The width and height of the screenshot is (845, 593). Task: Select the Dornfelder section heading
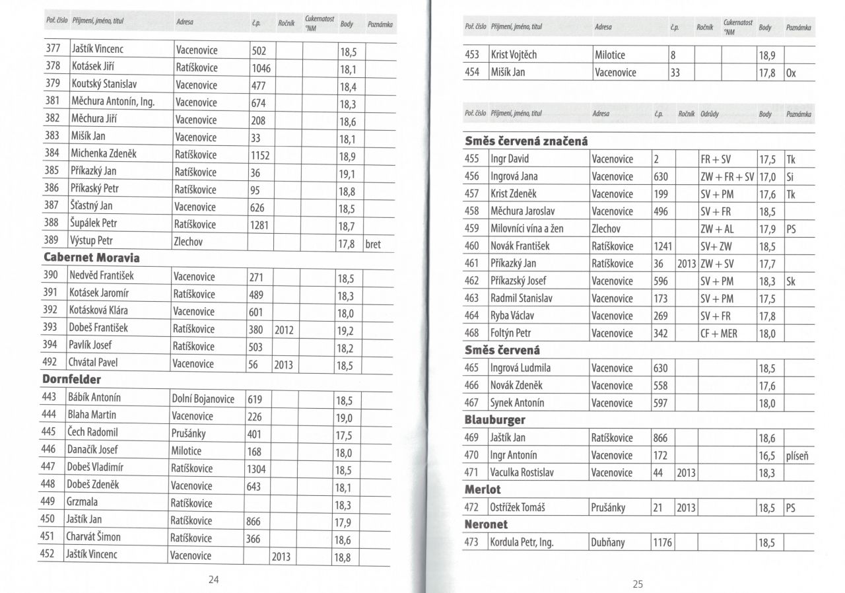[72, 380]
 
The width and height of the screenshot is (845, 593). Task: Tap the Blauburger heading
[495, 419]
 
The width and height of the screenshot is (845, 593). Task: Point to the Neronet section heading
[487, 524]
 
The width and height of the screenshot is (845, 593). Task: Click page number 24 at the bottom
[213, 580]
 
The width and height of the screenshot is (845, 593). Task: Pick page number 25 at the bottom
[637, 584]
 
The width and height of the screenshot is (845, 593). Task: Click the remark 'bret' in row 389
[373, 244]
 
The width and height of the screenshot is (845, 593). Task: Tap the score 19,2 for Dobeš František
[346, 329]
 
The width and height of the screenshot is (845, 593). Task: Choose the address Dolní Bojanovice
[203, 399]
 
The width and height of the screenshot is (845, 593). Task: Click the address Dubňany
[609, 543]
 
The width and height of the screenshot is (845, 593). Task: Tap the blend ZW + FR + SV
[727, 177]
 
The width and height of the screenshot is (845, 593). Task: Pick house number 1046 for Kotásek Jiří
[261, 68]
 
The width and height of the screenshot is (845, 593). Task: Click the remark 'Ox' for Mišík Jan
[792, 73]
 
